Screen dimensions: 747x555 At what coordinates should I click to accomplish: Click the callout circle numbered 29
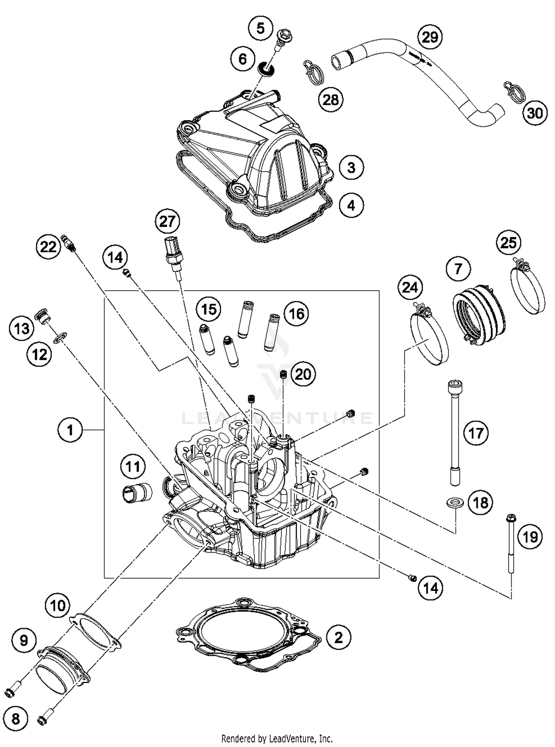pyautogui.click(x=430, y=37)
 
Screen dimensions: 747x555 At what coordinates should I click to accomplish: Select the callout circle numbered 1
pyautogui.click(x=70, y=429)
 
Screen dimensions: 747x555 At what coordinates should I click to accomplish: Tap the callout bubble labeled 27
pyautogui.click(x=167, y=222)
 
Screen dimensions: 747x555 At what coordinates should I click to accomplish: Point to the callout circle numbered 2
pyautogui.click(x=338, y=637)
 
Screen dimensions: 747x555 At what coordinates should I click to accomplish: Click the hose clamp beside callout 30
pyautogui.click(x=514, y=91)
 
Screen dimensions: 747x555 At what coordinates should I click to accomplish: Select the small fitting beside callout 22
pyautogui.click(x=68, y=243)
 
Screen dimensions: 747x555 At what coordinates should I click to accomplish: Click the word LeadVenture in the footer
pyautogui.click(x=294, y=739)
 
